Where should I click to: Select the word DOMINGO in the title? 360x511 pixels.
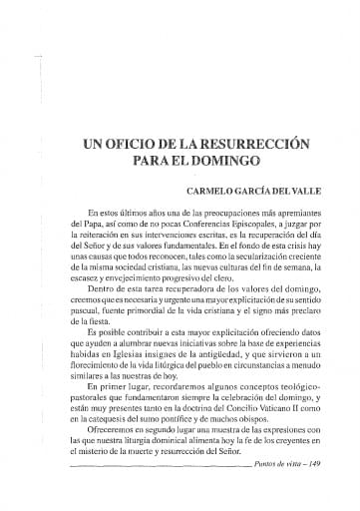222,161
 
